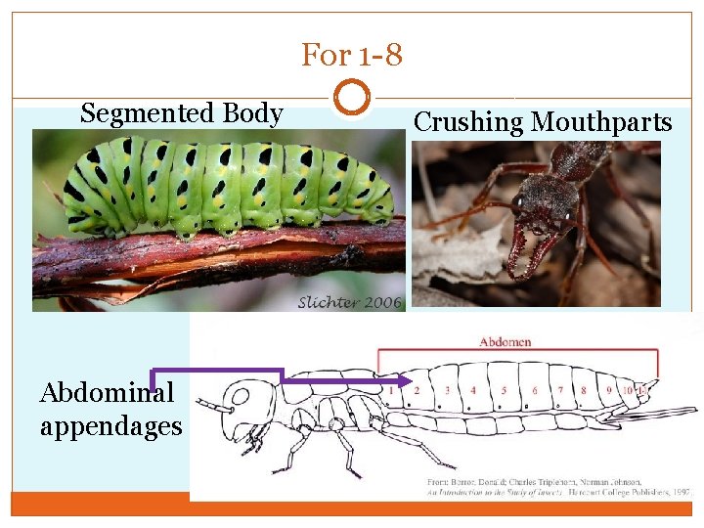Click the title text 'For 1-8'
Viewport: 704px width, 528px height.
click(351, 55)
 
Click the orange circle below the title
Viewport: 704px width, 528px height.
click(351, 98)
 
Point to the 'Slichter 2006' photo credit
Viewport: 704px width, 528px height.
click(349, 302)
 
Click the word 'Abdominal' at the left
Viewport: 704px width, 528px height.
click(94, 392)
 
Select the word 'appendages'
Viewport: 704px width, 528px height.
click(110, 426)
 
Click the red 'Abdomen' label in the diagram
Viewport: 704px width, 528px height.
click(506, 341)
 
